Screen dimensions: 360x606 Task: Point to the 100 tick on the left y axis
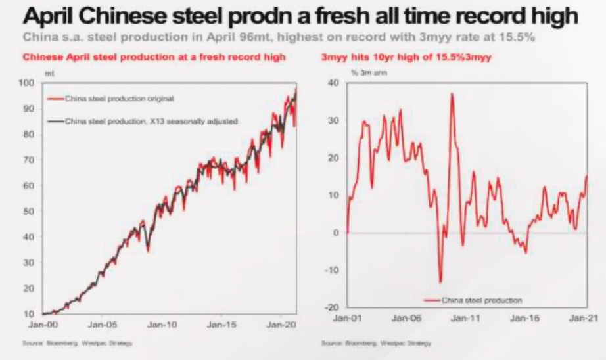coord(26,83)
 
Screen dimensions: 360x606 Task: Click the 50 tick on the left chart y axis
coord(28,211)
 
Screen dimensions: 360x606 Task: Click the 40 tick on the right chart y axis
coord(332,83)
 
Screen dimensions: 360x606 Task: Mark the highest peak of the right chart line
coord(452,94)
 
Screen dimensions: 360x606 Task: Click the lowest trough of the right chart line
coord(440,282)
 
